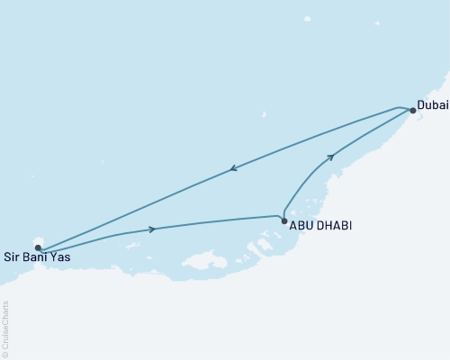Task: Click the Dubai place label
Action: pyautogui.click(x=432, y=105)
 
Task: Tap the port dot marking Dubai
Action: pyautogui.click(x=413, y=111)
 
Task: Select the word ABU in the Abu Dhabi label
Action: pyautogui.click(x=301, y=225)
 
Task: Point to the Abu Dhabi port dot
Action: pyautogui.click(x=284, y=221)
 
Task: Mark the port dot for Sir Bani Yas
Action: pyautogui.click(x=38, y=247)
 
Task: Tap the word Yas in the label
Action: pyautogui.click(x=59, y=258)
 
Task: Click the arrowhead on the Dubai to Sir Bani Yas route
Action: pyautogui.click(x=233, y=167)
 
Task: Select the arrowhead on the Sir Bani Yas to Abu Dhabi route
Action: pyautogui.click(x=152, y=229)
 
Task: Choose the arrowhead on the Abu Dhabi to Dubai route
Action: pyautogui.click(x=331, y=157)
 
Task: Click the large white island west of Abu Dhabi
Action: pyautogui.click(x=204, y=261)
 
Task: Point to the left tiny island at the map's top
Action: pyautogui.click(x=307, y=18)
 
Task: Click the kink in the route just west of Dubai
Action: pyautogui.click(x=399, y=107)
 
